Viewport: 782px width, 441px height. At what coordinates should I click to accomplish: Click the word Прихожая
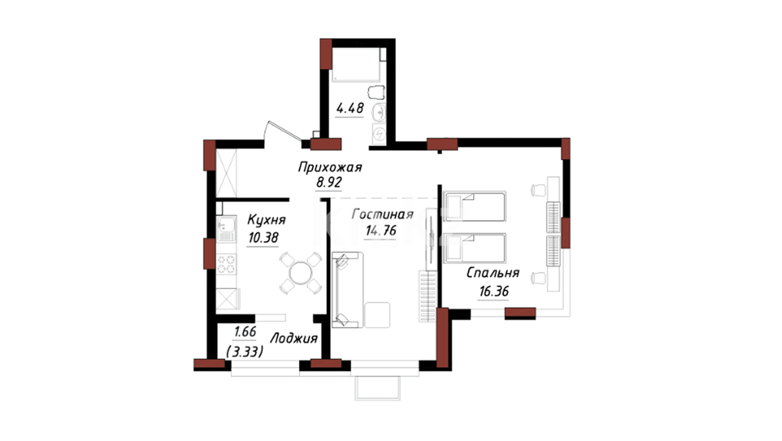click(330, 168)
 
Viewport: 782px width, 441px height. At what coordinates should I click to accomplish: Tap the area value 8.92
click(329, 182)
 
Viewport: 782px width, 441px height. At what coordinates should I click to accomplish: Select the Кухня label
click(267, 220)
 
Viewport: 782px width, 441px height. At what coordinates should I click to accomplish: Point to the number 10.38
click(263, 237)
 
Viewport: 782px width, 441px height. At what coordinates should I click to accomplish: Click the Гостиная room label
click(382, 214)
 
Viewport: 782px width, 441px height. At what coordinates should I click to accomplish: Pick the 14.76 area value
click(381, 231)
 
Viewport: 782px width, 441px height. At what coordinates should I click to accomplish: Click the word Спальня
click(493, 273)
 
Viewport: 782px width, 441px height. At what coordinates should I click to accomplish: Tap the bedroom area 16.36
click(494, 292)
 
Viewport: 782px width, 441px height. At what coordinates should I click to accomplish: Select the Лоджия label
click(294, 339)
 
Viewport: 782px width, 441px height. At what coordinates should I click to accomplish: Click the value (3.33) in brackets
click(244, 351)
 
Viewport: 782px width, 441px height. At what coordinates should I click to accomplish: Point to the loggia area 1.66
click(245, 332)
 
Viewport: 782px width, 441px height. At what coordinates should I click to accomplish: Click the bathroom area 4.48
click(350, 108)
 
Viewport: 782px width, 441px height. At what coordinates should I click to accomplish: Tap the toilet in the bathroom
click(377, 92)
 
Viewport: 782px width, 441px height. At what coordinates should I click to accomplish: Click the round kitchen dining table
click(301, 273)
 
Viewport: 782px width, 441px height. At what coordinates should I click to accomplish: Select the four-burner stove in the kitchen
click(226, 264)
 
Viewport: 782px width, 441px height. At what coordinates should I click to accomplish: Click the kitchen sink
click(226, 229)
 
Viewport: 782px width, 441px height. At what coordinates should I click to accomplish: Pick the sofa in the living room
click(347, 290)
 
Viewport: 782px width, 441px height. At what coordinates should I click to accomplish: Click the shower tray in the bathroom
click(356, 65)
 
